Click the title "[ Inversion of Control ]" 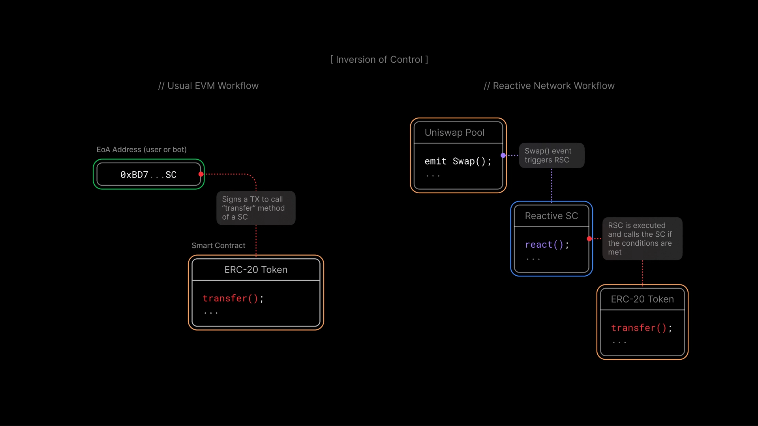pyautogui.click(x=379, y=60)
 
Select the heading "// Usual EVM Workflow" pyautogui.click(x=208, y=86)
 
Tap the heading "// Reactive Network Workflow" pyautogui.click(x=549, y=86)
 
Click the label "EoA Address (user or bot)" pyautogui.click(x=142, y=150)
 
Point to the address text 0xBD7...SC pyautogui.click(x=148, y=175)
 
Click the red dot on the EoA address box pyautogui.click(x=201, y=174)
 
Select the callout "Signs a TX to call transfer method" pyautogui.click(x=255, y=208)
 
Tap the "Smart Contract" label pyautogui.click(x=218, y=245)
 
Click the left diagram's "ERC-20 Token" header pyautogui.click(x=256, y=270)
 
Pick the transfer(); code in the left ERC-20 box pyautogui.click(x=233, y=299)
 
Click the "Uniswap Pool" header pyautogui.click(x=454, y=133)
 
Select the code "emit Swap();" pyautogui.click(x=458, y=161)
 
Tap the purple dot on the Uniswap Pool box pyautogui.click(x=503, y=155)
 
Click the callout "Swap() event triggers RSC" pyautogui.click(x=551, y=155)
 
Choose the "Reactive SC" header pyautogui.click(x=551, y=216)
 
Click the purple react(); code pyautogui.click(x=547, y=245)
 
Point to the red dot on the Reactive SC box pyautogui.click(x=589, y=239)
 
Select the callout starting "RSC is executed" pyautogui.click(x=642, y=239)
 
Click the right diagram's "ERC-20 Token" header pyautogui.click(x=642, y=299)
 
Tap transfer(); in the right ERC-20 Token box pyautogui.click(x=642, y=328)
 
